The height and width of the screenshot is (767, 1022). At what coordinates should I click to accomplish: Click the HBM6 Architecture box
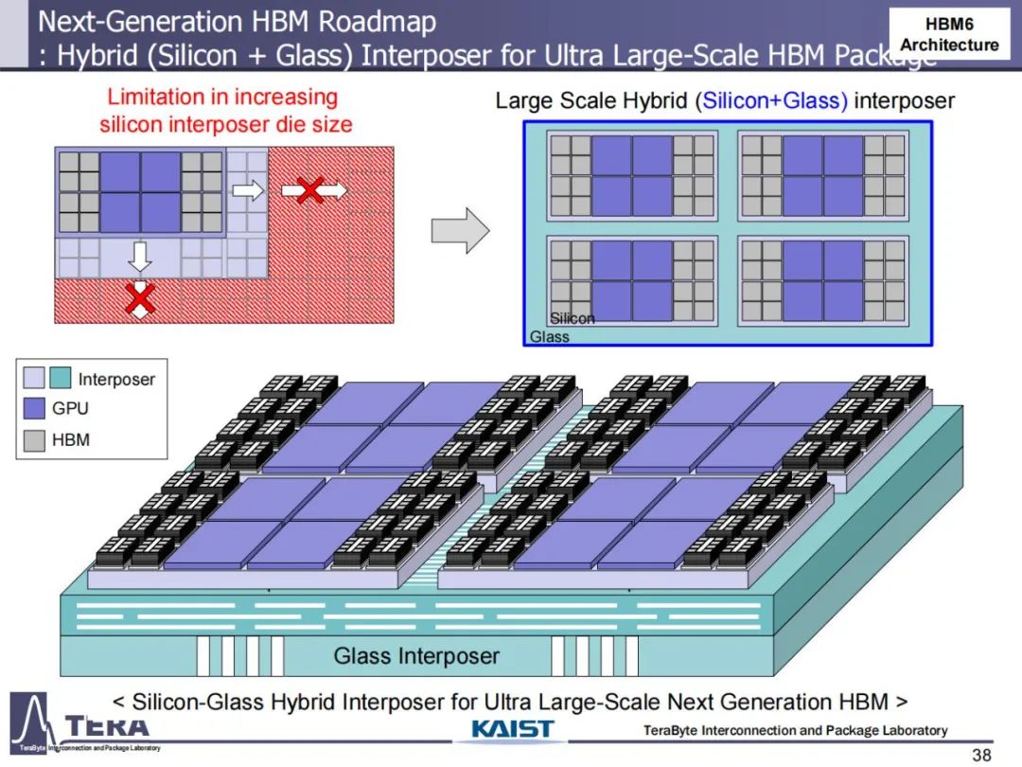click(x=950, y=35)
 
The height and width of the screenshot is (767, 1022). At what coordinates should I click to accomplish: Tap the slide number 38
click(x=981, y=755)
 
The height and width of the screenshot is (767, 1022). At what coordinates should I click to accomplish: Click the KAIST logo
click(x=513, y=729)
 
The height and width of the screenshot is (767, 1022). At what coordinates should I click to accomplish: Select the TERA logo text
click(x=107, y=726)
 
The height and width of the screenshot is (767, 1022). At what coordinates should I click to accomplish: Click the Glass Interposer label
click(x=416, y=655)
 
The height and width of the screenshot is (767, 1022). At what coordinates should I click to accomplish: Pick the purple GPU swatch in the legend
click(x=34, y=408)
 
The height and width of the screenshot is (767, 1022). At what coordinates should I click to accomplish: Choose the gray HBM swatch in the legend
click(x=34, y=440)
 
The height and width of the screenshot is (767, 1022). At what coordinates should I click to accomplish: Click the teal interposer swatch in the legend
click(x=60, y=378)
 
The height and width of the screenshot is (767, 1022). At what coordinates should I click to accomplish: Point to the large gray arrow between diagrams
click(x=460, y=230)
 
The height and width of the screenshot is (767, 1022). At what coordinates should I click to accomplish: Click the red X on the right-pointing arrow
click(x=310, y=189)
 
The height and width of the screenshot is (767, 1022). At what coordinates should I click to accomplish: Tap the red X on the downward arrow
click(x=140, y=298)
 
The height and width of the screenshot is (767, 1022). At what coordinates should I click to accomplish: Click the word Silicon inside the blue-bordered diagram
click(x=573, y=318)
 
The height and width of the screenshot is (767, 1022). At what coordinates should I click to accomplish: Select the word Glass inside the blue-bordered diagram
click(x=550, y=336)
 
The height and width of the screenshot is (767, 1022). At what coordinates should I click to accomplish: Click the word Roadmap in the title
click(x=378, y=22)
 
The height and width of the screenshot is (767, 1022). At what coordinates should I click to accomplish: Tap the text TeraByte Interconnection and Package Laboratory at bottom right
click(x=795, y=730)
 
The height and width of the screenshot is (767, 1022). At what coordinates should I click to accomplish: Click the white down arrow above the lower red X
click(x=140, y=257)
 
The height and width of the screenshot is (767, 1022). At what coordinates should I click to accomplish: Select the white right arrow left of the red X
click(x=248, y=189)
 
